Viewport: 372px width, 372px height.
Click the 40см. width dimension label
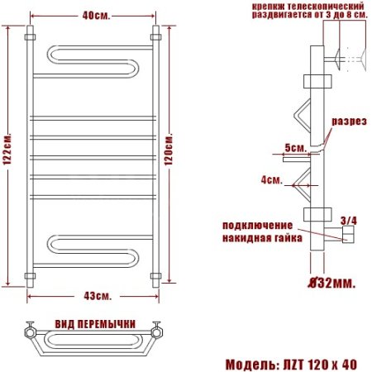click(96, 16)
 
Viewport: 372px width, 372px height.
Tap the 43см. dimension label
click(98, 296)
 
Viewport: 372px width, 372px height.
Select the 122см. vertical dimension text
click(7, 150)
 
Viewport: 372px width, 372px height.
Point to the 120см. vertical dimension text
click(169, 149)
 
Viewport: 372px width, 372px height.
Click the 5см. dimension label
click(296, 148)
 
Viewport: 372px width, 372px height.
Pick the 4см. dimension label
click(272, 180)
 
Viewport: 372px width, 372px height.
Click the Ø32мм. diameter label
click(331, 283)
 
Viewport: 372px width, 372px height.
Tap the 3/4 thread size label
click(349, 221)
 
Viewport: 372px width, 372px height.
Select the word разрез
click(349, 122)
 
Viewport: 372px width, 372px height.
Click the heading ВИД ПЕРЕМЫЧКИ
click(95, 324)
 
